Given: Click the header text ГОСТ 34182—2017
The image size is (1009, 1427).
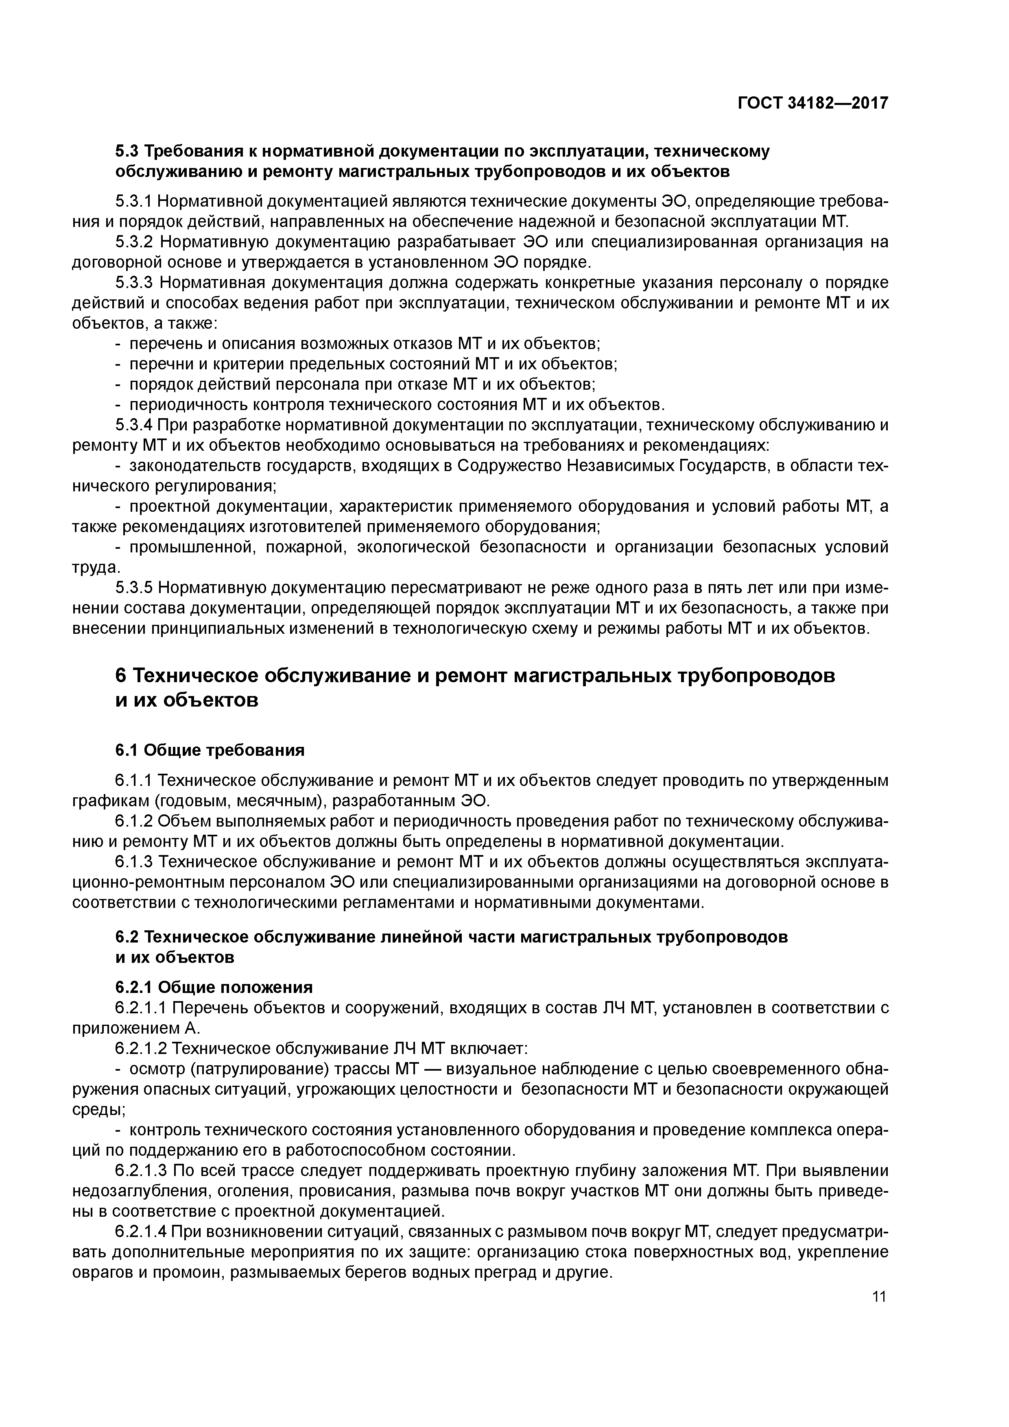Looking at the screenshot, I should pyautogui.click(x=812, y=103).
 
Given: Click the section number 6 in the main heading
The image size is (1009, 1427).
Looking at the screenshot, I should pyautogui.click(x=122, y=676).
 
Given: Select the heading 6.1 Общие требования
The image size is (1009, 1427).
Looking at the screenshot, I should pyautogui.click(x=210, y=750).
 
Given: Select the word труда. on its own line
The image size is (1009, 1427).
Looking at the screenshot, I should pyautogui.click(x=97, y=567).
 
